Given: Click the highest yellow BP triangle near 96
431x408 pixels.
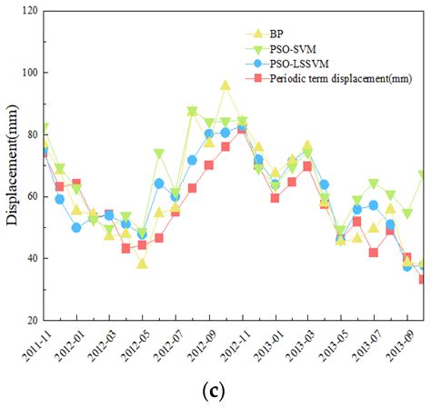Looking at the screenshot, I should click(x=226, y=85).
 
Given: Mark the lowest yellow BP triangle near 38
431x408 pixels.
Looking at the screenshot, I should click(x=142, y=264).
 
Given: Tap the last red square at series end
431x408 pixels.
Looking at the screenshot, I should click(x=424, y=279).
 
